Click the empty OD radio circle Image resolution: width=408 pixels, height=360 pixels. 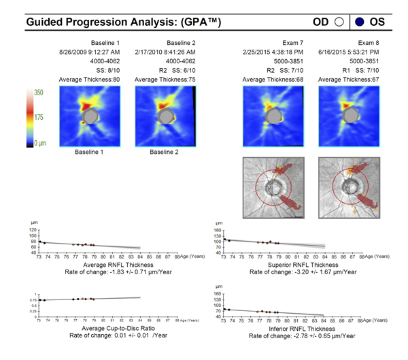click(x=338, y=21)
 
